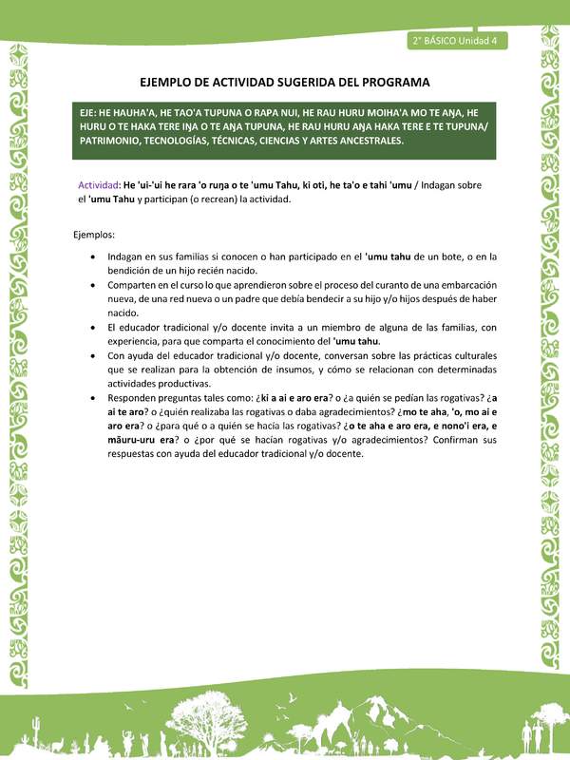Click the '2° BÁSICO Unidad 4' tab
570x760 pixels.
(x=458, y=41)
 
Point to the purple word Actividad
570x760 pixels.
(x=99, y=185)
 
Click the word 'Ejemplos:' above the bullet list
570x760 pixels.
(x=94, y=233)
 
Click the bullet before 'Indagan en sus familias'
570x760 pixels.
(x=90, y=257)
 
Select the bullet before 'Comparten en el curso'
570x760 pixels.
(x=90, y=285)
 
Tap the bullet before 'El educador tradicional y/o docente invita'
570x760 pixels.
(x=90, y=328)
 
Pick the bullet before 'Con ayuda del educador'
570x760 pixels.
(x=90, y=355)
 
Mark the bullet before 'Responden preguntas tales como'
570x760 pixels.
(x=90, y=398)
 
